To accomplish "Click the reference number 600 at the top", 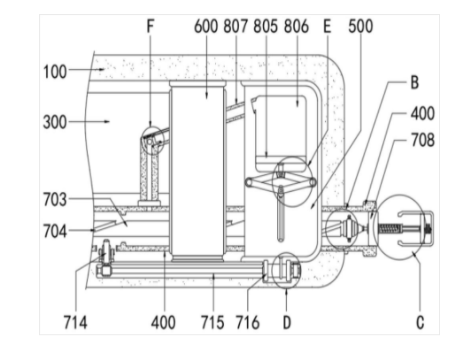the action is click(205, 27).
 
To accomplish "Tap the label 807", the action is click(235, 27).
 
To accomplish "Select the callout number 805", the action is click(266, 27).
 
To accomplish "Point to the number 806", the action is click(297, 27).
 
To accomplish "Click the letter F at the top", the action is click(151, 26).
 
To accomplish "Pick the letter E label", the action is click(327, 27).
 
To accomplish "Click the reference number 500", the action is click(360, 27).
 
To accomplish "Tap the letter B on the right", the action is click(414, 82).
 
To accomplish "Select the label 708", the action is click(422, 140).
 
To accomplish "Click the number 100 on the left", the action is click(55, 73).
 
